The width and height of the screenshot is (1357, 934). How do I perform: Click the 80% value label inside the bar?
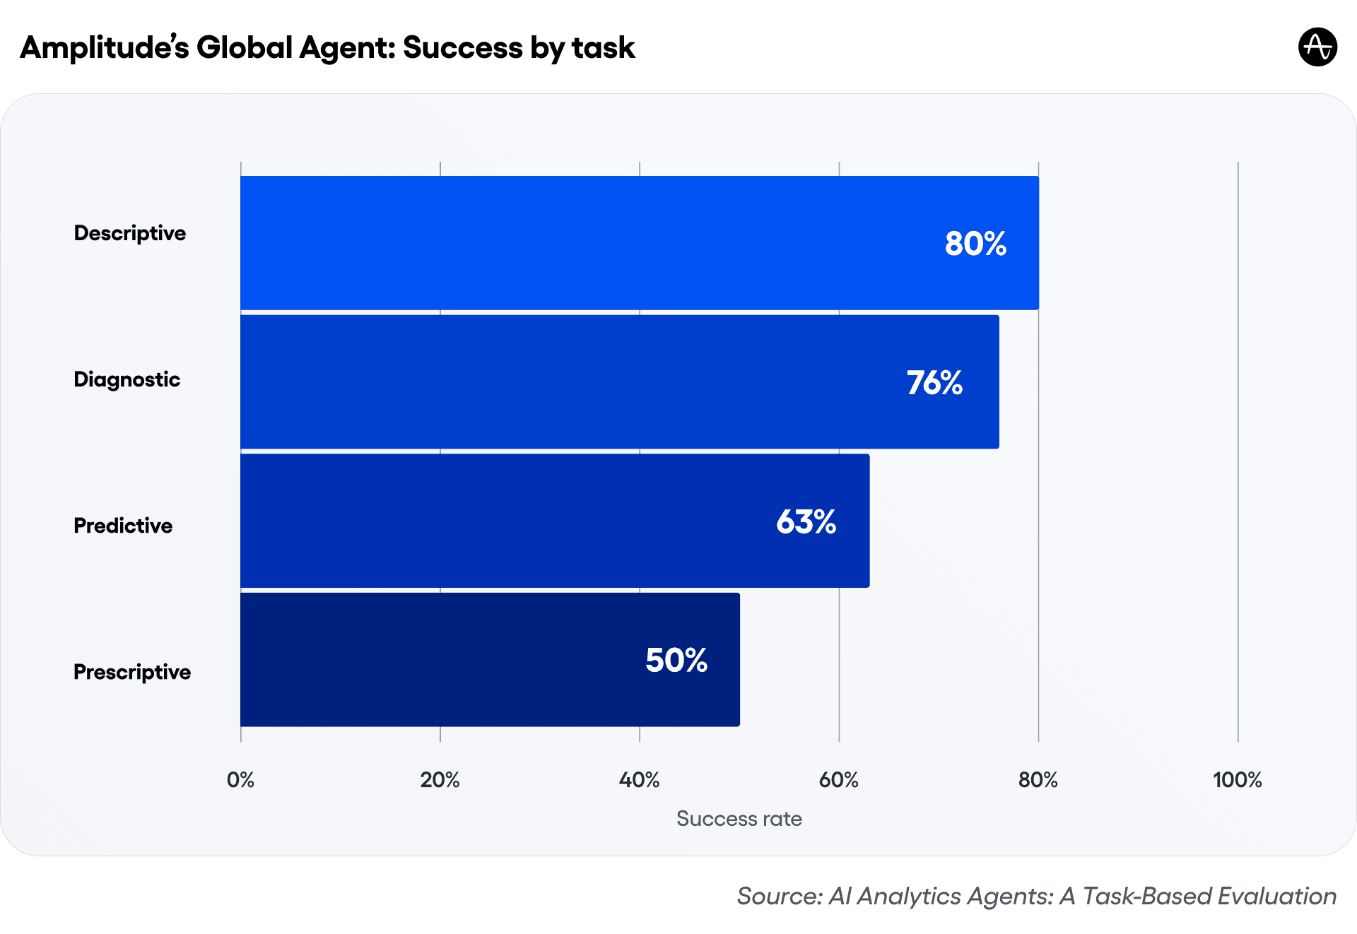point(975,244)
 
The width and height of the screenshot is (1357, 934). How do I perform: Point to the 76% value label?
point(934,383)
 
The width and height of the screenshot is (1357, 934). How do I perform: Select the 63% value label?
point(806,522)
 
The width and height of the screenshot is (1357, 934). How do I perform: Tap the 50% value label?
point(676,661)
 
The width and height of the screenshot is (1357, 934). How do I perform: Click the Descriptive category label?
point(130,233)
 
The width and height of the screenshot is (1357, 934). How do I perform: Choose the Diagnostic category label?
point(127,379)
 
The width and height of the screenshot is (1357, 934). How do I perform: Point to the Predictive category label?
point(123,526)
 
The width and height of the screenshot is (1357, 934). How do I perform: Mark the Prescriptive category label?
point(132,672)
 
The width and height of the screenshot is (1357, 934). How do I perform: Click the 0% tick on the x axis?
point(240,780)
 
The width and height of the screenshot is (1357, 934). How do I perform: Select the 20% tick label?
point(440,780)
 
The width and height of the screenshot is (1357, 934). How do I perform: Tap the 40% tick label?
point(639,780)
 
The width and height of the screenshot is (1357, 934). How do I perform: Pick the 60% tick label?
point(838,780)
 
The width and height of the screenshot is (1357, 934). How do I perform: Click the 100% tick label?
point(1237,780)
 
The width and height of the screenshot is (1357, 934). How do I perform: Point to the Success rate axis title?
point(739,819)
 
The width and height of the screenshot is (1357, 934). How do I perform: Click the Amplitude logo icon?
point(1317,47)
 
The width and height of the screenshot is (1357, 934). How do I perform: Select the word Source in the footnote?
point(778,896)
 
